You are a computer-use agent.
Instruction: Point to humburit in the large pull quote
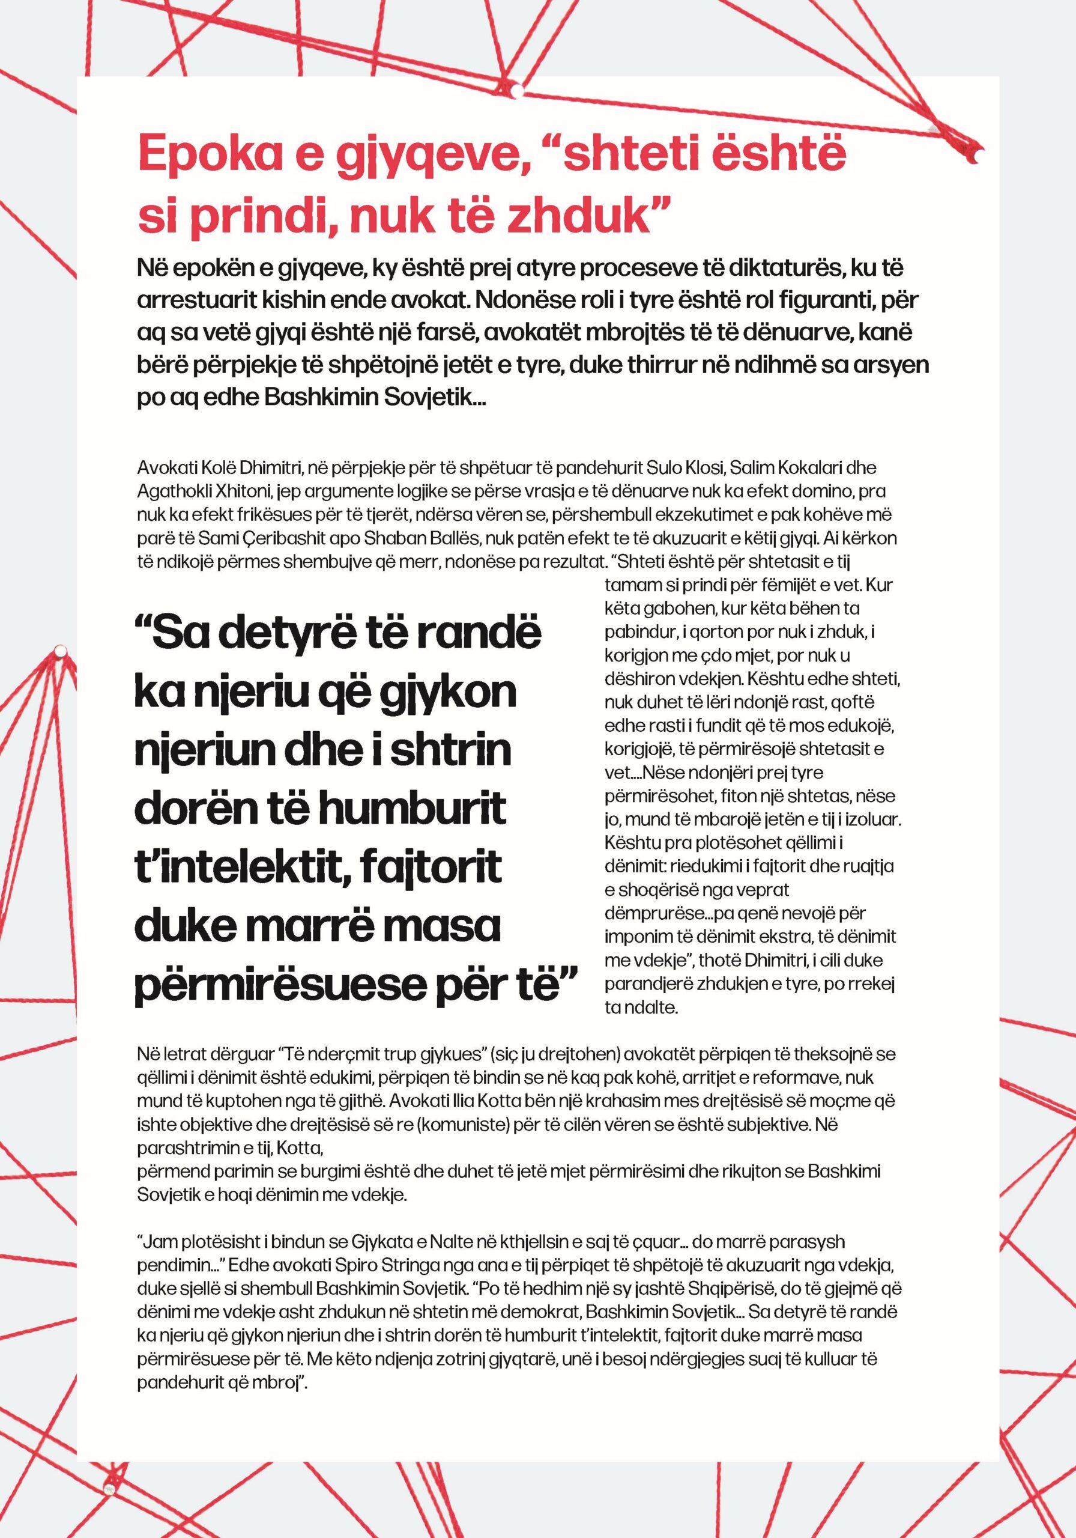click(412, 809)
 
